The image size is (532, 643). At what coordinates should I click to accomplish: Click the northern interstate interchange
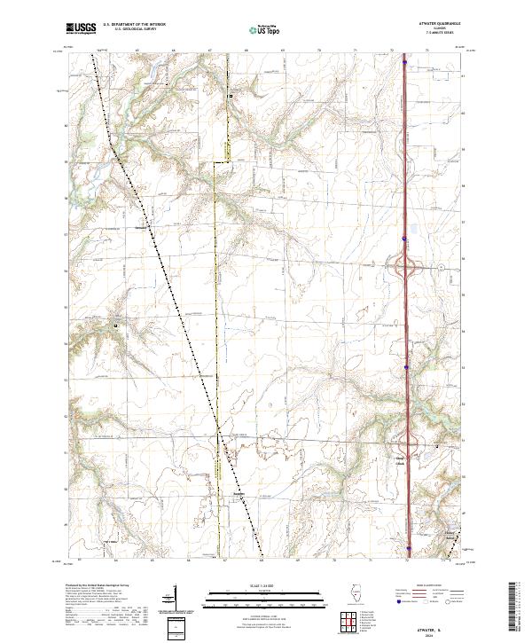coord(406,268)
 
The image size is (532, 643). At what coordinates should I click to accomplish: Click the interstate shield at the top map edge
coord(404,62)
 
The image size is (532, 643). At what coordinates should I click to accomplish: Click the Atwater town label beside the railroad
coord(140,224)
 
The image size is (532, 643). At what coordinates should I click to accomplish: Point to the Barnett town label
coord(237,494)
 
